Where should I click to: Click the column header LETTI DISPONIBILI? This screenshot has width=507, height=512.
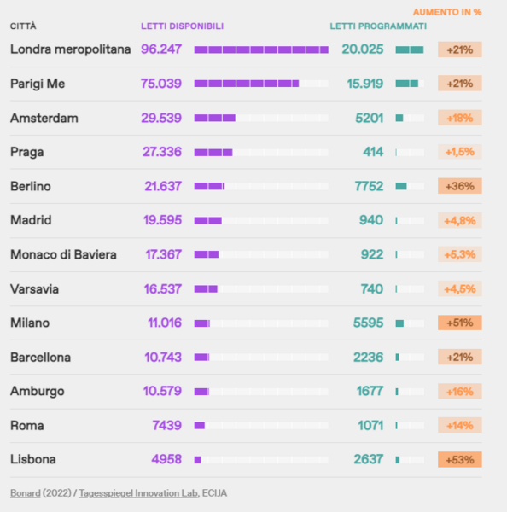click(x=182, y=26)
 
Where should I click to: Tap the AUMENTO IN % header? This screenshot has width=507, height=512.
click(x=447, y=12)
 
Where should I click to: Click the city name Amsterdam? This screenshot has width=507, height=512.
click(x=44, y=118)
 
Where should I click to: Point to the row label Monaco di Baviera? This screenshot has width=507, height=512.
click(x=64, y=254)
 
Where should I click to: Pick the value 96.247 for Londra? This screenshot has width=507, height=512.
click(x=161, y=49)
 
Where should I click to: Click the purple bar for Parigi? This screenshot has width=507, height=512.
click(x=246, y=84)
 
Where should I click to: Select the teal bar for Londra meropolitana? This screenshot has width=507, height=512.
click(x=410, y=49)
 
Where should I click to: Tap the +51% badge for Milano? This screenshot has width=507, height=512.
click(x=460, y=323)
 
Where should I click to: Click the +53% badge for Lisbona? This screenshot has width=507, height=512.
click(x=460, y=459)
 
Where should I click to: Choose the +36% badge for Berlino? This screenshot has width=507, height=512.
click(x=460, y=186)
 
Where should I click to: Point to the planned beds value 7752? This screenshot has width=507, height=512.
click(x=368, y=186)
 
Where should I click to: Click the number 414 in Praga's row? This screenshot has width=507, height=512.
click(x=373, y=152)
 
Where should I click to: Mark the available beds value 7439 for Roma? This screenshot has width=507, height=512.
click(x=166, y=425)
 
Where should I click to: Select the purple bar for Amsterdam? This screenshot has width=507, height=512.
click(x=214, y=118)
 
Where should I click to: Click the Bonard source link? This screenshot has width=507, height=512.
click(x=26, y=492)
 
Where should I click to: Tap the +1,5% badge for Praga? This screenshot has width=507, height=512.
click(x=460, y=152)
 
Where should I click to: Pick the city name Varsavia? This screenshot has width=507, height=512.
click(x=34, y=288)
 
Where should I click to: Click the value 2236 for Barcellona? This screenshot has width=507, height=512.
click(x=368, y=357)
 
